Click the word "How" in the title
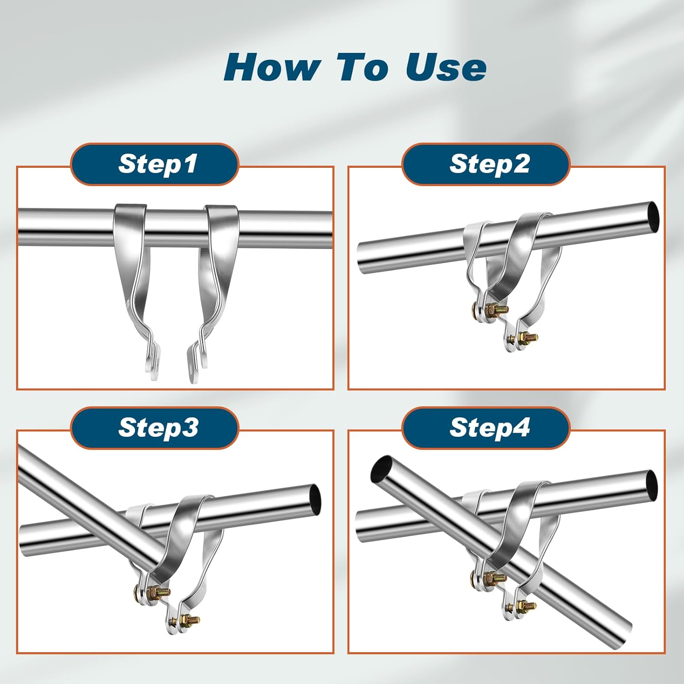272,67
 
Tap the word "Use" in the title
446,67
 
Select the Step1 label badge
155,164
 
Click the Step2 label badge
486,164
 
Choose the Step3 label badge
155,428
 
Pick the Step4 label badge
486,428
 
